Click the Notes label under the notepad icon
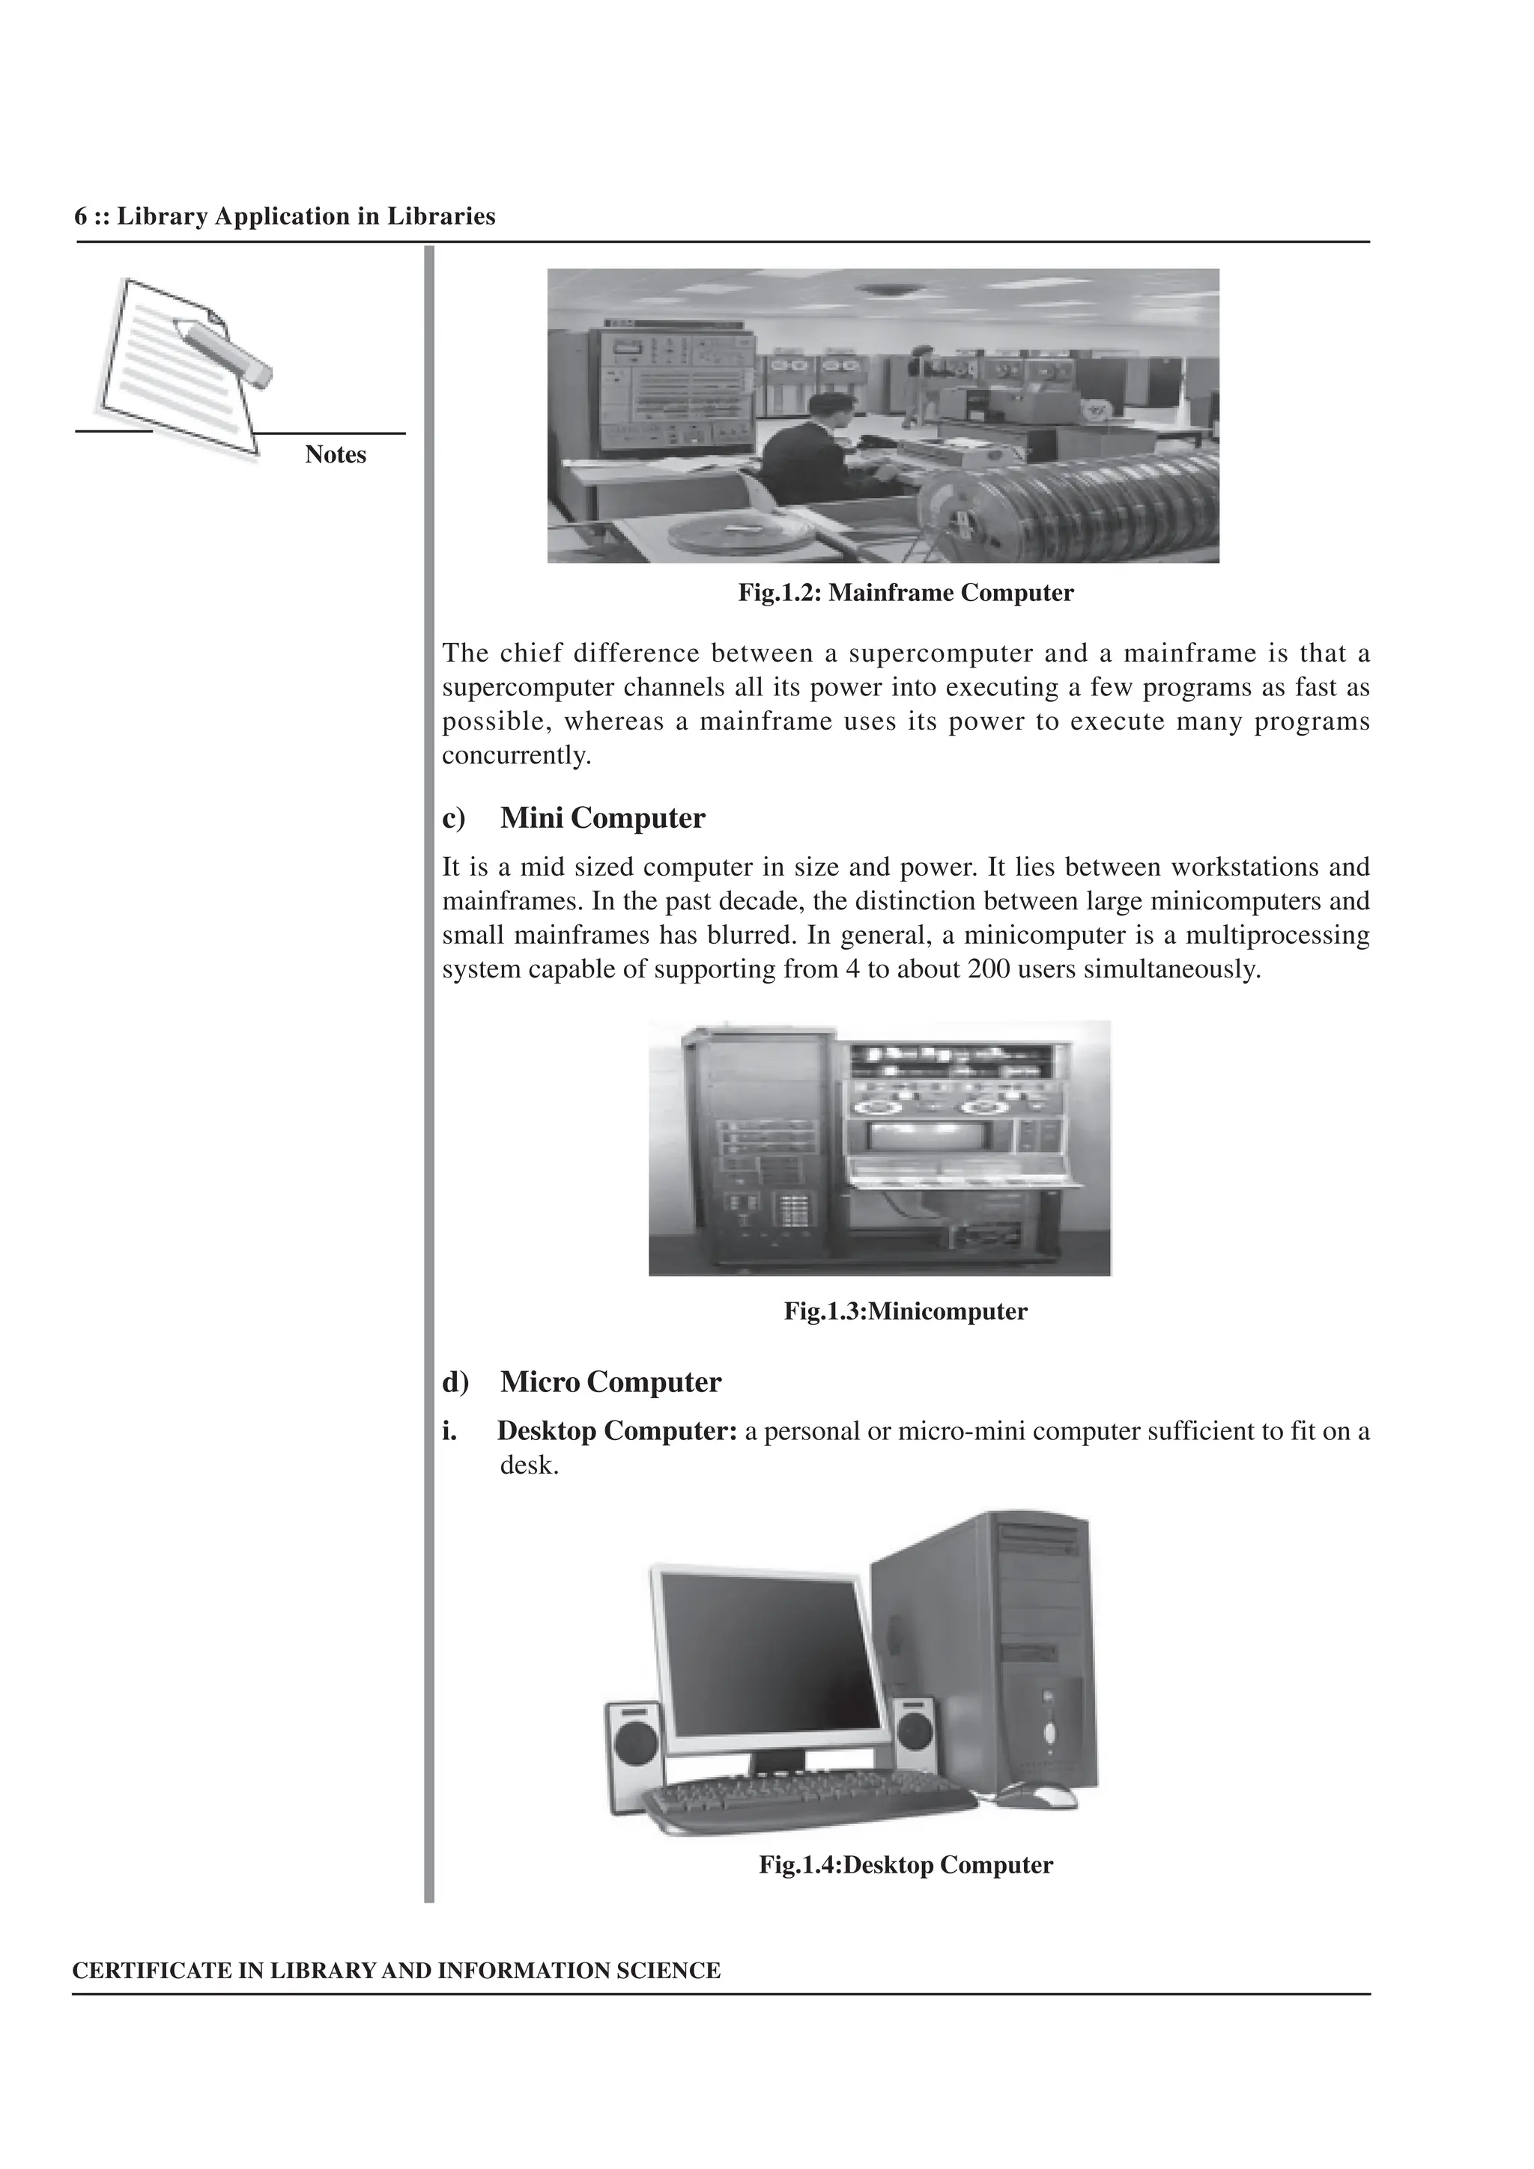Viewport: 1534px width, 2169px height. coord(336,454)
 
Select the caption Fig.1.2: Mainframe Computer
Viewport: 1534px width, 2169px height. coord(906,594)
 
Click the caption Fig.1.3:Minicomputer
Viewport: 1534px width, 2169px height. coord(906,1311)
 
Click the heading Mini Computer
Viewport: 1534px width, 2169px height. coord(602,818)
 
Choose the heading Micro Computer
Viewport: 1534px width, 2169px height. coord(610,1382)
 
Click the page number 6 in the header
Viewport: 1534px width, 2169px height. coord(82,217)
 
